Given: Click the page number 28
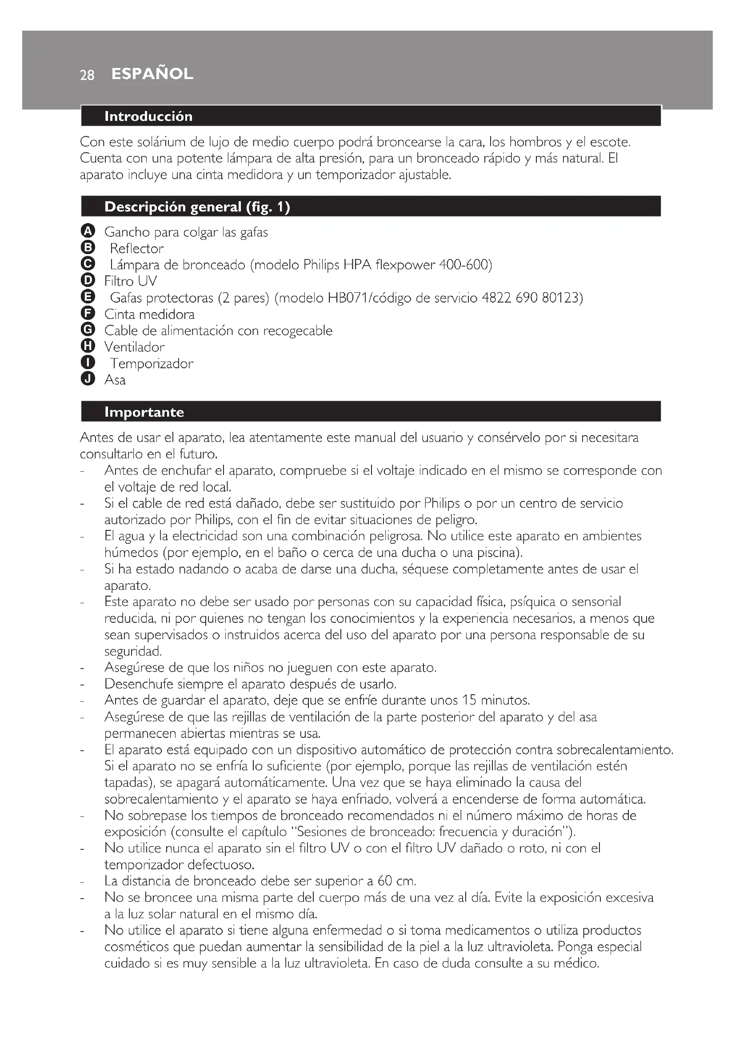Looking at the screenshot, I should click(x=87, y=75).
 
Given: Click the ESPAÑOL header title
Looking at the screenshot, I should click(x=152, y=74).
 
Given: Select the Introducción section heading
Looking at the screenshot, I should click(x=148, y=116).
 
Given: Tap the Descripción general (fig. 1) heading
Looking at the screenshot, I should click(x=197, y=207).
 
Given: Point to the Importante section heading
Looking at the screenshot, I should click(x=144, y=412).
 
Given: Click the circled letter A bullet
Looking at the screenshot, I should click(x=88, y=231).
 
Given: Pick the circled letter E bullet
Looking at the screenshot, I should click(x=88, y=297).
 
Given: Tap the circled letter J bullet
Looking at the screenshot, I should click(x=88, y=379).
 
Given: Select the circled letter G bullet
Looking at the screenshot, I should click(x=88, y=330).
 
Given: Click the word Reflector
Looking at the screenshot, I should click(x=137, y=248).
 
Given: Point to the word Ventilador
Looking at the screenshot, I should click(x=134, y=347).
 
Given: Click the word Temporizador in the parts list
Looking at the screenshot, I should click(x=152, y=363).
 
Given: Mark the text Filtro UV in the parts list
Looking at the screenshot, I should click(x=130, y=281).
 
